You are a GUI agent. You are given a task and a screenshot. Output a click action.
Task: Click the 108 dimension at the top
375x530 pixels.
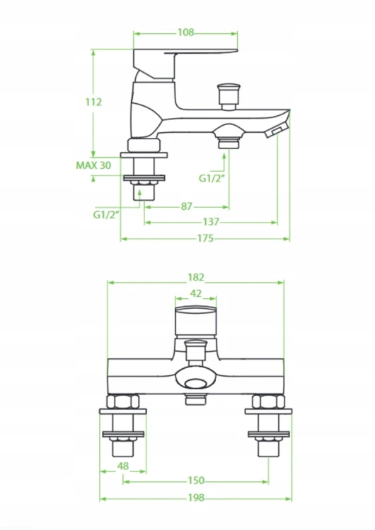coord(186,33)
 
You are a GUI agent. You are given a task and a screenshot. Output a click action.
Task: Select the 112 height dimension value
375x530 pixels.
coord(93,102)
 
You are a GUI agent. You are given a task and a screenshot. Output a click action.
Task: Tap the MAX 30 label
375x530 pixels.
coord(93,165)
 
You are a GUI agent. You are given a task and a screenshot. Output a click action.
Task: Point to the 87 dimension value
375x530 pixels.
coord(187,206)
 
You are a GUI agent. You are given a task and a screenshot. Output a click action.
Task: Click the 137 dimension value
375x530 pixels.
coord(211,222)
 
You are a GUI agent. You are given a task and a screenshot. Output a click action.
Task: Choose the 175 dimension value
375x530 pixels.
coord(205,238)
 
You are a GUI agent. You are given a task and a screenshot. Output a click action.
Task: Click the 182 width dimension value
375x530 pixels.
coord(196,278)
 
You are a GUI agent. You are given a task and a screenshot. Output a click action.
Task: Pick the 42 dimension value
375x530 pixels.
coord(196,293)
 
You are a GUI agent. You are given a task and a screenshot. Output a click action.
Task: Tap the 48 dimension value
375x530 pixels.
coord(123,466)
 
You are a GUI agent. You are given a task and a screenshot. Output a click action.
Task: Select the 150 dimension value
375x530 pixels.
coord(196,481)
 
